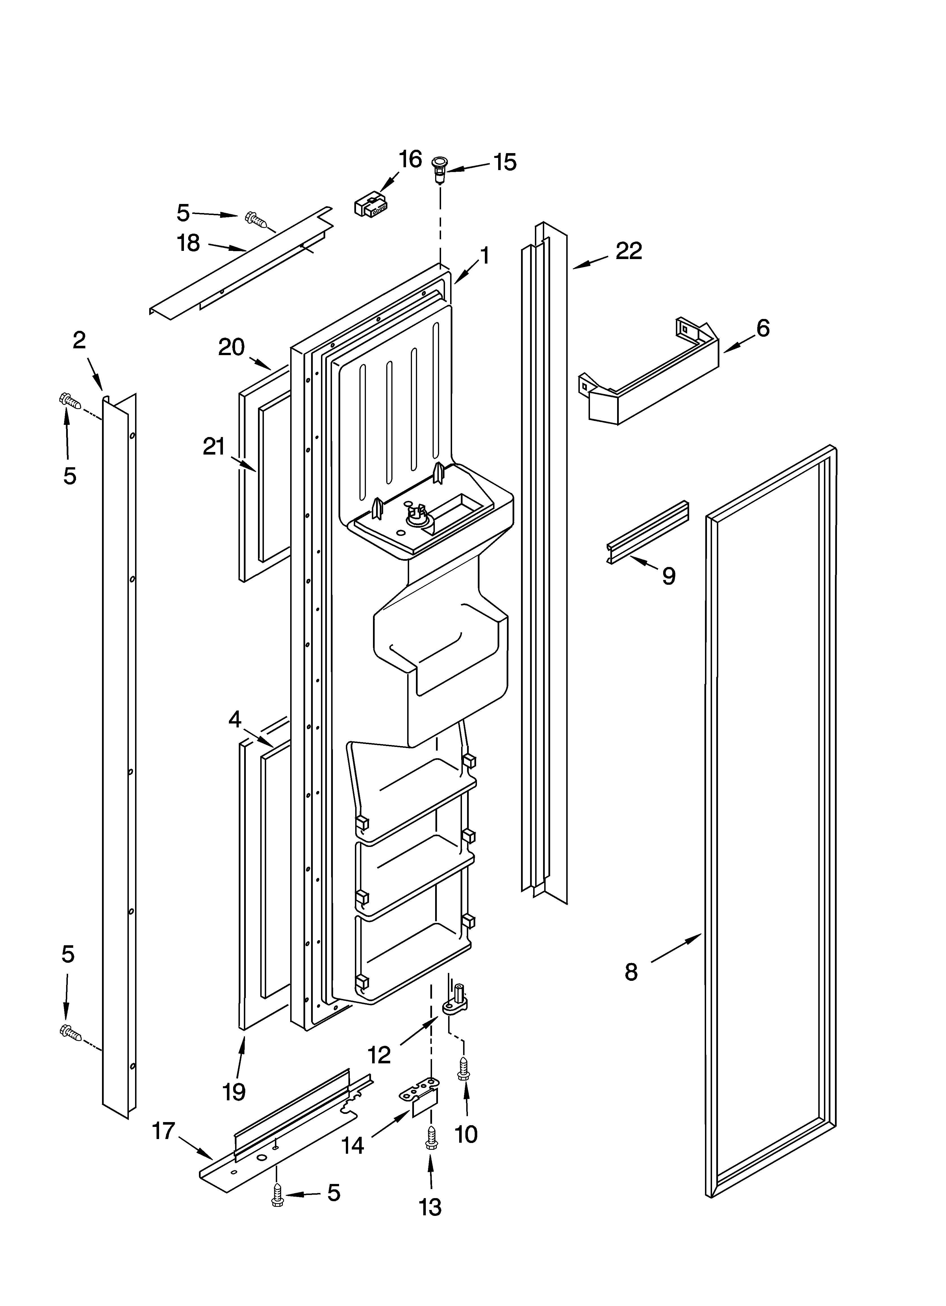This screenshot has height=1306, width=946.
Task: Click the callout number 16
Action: click(410, 160)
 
